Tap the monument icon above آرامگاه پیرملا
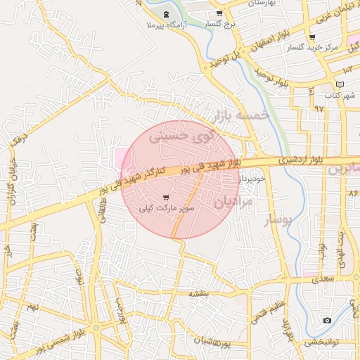tap(165, 14)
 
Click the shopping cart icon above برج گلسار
tap(220, 13)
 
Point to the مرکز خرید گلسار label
tap(313, 48)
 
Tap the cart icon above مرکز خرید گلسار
tap(312, 37)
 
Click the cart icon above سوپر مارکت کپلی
tap(166, 198)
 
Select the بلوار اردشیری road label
tap(288, 160)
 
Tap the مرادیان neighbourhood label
tap(232, 202)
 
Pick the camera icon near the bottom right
tap(327, 321)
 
